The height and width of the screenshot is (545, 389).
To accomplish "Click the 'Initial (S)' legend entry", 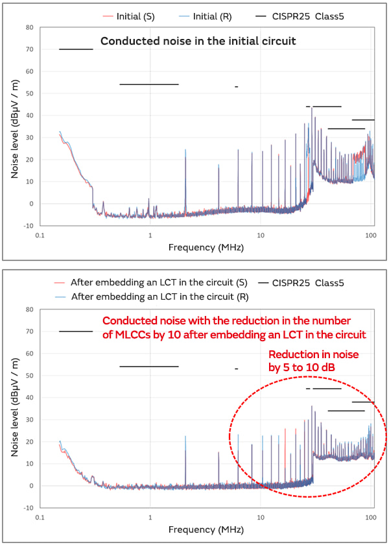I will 135,15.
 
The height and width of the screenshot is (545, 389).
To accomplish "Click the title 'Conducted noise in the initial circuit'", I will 198,42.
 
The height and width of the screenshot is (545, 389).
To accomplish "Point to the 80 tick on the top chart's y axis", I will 29,27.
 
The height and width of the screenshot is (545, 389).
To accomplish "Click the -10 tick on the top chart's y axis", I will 28,226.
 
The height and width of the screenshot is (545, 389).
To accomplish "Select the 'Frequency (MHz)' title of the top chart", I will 206,247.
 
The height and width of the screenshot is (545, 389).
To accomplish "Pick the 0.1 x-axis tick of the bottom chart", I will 40,517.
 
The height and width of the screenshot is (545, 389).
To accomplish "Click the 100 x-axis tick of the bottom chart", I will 371,517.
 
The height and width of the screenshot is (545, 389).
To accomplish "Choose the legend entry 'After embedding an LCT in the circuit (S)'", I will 150,283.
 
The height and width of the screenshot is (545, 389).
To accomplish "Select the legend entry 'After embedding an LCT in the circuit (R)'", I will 150,297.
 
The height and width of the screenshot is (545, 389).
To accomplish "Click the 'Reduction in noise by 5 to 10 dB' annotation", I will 313,361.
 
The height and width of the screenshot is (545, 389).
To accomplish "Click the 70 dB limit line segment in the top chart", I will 76,49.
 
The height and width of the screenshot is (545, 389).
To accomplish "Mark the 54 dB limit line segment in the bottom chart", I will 148,367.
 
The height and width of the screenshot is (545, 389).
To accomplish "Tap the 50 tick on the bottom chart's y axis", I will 29,376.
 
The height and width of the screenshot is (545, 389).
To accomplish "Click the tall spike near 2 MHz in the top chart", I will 185,156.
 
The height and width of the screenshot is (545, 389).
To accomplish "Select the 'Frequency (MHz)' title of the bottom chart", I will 206,529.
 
